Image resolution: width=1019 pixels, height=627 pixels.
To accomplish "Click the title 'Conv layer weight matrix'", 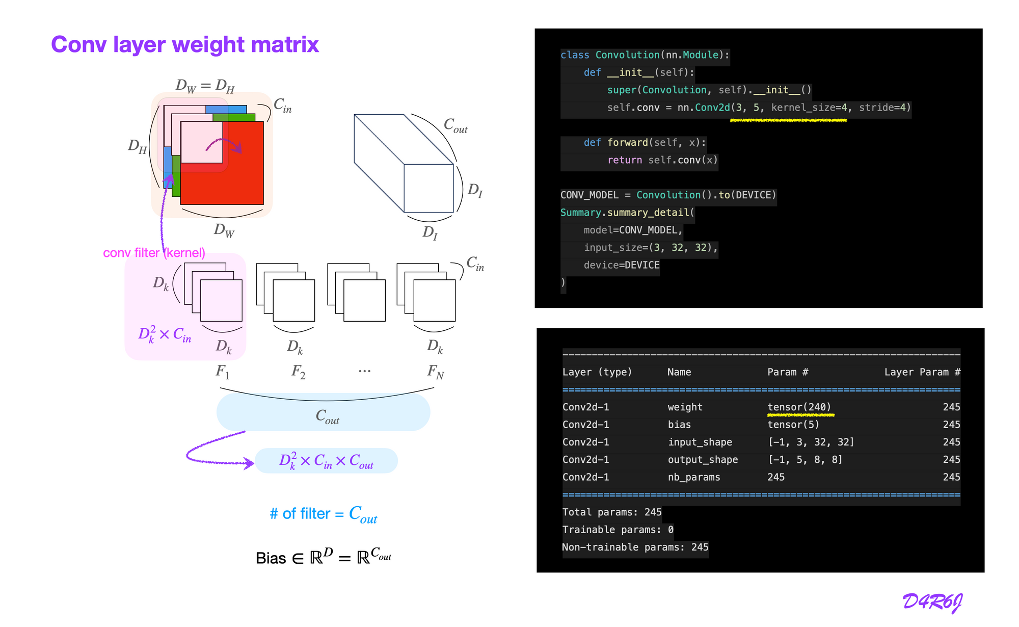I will [x=184, y=45].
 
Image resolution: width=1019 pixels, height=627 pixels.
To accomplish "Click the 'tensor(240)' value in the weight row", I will [x=799, y=407].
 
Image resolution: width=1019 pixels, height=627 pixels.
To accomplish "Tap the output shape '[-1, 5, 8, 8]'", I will [x=805, y=460].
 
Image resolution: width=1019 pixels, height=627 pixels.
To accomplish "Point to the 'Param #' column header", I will [x=787, y=372].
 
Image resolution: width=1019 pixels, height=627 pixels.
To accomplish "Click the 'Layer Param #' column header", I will [x=922, y=372].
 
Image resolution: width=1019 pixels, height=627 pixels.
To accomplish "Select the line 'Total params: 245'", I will [x=611, y=512].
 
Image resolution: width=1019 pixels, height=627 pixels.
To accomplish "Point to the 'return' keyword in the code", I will [x=624, y=160].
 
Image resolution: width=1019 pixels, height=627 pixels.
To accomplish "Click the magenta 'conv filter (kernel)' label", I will [x=154, y=253].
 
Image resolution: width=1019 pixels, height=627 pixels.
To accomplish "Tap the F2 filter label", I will [x=299, y=372].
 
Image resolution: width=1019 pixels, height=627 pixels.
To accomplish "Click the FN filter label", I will [x=436, y=372].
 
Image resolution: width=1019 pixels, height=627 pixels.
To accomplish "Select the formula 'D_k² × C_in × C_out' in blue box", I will [x=326, y=461].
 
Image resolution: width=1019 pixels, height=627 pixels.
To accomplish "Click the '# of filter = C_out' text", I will [x=324, y=514].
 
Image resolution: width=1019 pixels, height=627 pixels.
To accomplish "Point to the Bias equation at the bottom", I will [x=324, y=557].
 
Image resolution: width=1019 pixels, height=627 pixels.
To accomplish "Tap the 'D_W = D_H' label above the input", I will [x=205, y=86].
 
